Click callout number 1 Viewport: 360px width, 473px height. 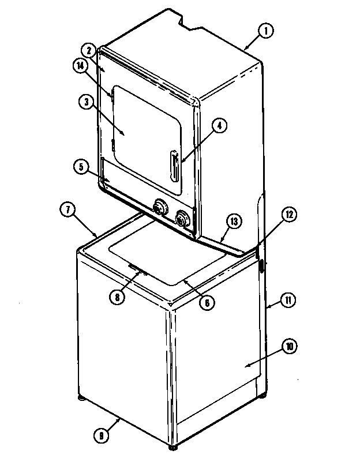point(266,31)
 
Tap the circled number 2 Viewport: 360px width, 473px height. point(89,51)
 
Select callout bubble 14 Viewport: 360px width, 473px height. point(81,66)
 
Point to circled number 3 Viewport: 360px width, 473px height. point(87,102)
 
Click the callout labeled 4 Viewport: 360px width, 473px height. point(219,126)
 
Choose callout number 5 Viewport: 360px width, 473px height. point(81,167)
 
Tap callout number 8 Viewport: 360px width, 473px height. point(117,297)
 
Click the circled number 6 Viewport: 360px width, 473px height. point(207,302)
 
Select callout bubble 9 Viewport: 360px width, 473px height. point(101,436)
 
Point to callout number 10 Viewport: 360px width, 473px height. point(290,347)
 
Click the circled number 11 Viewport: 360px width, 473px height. point(288,300)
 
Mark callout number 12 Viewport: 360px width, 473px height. point(289,215)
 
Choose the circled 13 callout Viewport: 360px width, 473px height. point(234,222)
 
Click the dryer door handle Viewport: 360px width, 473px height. point(174,166)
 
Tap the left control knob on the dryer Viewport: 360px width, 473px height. point(160,208)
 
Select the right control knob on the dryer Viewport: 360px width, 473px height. point(182,219)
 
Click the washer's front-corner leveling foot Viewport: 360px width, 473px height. point(172,447)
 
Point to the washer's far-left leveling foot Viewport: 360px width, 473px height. point(82,397)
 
